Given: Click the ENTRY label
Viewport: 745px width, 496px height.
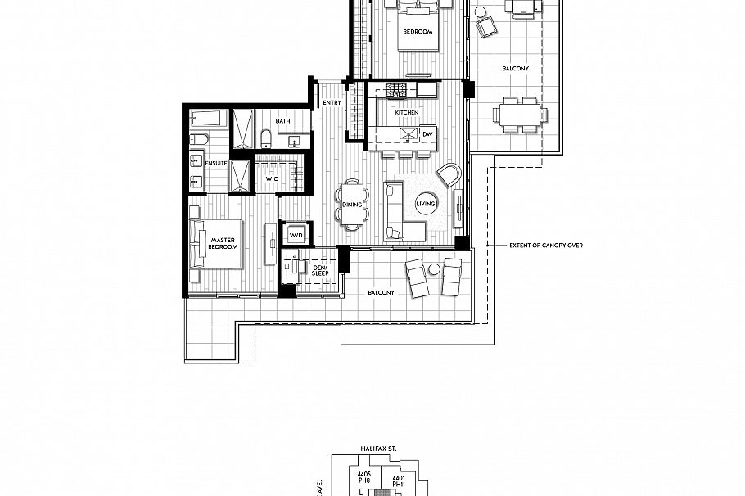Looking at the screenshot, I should [x=332, y=103].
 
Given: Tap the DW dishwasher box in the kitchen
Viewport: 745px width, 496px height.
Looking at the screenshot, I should [x=427, y=134].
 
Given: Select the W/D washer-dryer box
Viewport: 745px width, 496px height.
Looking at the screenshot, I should [x=295, y=233].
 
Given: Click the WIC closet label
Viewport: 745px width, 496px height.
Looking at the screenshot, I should [x=271, y=175].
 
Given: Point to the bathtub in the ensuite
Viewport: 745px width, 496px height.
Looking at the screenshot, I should [x=209, y=121].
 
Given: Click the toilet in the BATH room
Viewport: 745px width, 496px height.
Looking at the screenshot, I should [x=267, y=138].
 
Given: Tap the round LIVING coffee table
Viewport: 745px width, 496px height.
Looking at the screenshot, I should [x=426, y=204].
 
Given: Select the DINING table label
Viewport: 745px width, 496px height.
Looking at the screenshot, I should [x=352, y=204].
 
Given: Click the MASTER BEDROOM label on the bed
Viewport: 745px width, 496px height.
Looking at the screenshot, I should [x=222, y=243].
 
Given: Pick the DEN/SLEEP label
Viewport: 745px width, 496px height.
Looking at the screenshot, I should [x=320, y=270].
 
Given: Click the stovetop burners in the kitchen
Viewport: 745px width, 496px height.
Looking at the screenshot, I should [x=397, y=88].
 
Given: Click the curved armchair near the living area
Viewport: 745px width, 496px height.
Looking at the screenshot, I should [x=449, y=174].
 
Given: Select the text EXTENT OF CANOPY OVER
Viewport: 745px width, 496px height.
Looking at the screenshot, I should [x=545, y=246].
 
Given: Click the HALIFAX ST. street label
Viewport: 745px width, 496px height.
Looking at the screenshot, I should [x=378, y=449].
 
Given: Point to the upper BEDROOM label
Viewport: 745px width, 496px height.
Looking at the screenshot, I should [x=418, y=32].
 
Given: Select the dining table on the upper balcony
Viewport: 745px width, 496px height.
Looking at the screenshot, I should [x=520, y=114].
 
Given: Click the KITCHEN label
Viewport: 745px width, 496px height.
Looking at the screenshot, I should [x=406, y=112].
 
